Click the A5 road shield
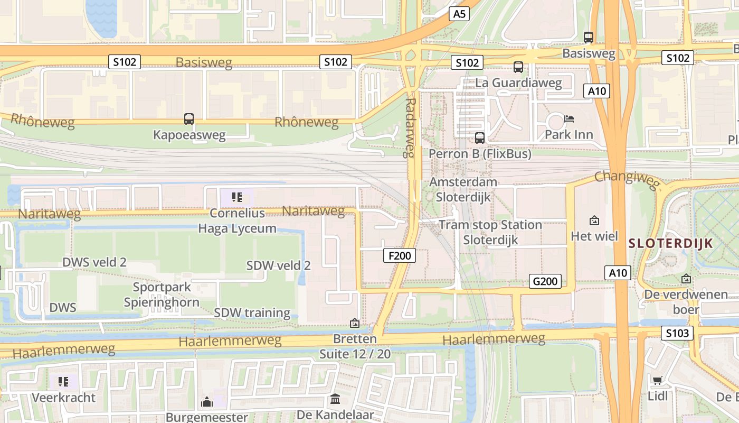tap(459, 14)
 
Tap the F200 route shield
tap(400, 256)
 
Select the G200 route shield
tap(545, 281)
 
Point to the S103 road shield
tap(677, 333)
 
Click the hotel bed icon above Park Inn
tap(569, 119)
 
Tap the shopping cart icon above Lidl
tap(657, 380)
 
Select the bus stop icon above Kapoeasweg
tap(189, 119)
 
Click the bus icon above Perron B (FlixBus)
tap(480, 138)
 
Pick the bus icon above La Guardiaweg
tap(518, 67)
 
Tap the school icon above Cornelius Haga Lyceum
tap(237, 198)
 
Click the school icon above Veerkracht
tap(64, 381)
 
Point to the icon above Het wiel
tap(594, 220)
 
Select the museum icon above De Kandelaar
tap(335, 399)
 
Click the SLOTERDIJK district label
tap(671, 244)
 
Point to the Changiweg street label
tap(627, 179)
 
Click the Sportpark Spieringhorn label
tap(162, 295)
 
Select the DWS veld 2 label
tap(94, 262)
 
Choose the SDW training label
tap(252, 313)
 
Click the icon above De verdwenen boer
tap(686, 279)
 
